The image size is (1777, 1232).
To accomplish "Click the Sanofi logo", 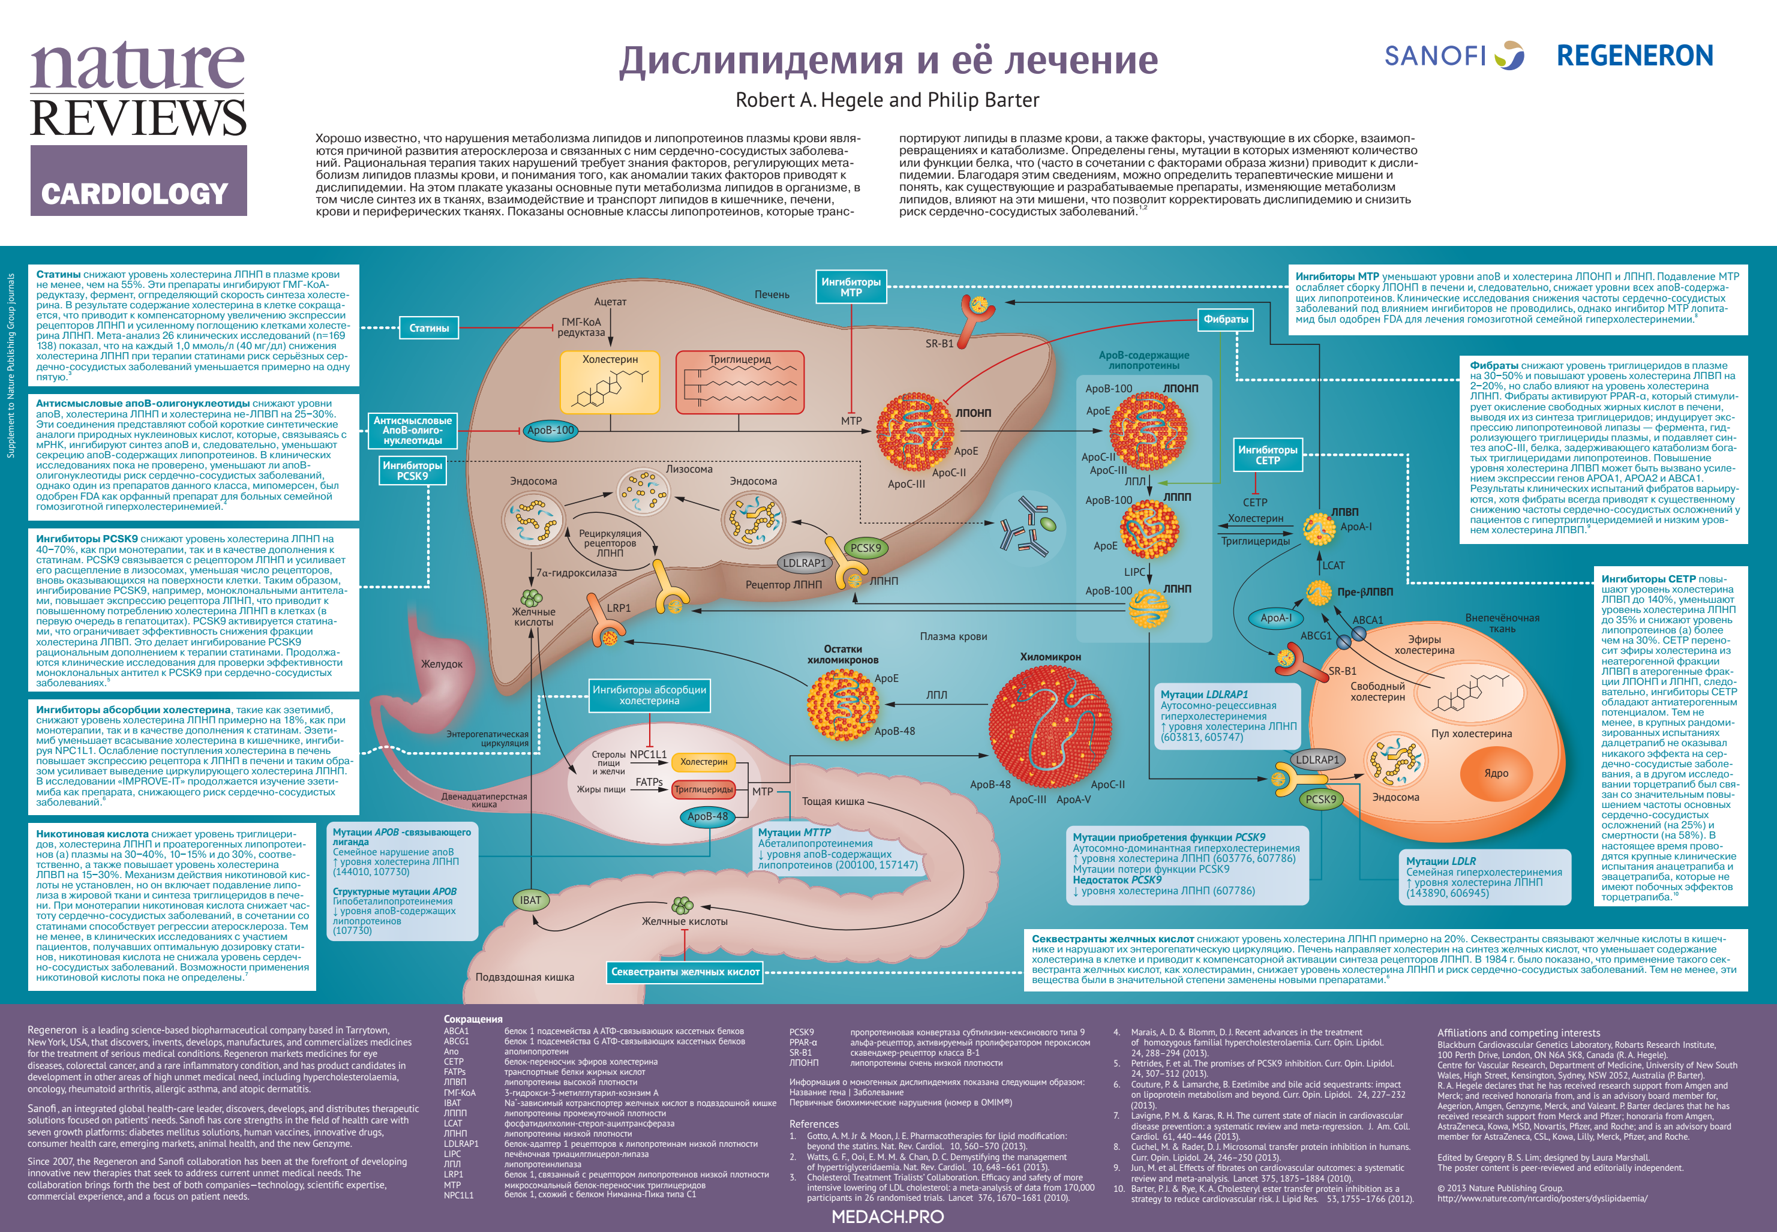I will tap(1454, 56).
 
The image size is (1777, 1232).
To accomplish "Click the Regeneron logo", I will tap(1634, 56).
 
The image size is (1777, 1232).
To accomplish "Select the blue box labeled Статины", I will tap(428, 328).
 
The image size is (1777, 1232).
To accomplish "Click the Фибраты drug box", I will tap(1225, 319).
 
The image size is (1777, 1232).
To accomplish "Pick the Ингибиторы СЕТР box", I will tap(1268, 455).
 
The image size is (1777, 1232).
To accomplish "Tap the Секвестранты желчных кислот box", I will tap(685, 972).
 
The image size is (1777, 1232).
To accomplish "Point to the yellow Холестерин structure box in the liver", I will tap(610, 382).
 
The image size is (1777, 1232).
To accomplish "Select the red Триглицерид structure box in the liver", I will tap(740, 382).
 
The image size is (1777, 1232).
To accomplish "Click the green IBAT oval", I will tap(530, 900).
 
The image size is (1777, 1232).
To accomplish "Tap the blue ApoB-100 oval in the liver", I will tap(550, 430).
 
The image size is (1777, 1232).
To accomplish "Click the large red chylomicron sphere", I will tap(1050, 722).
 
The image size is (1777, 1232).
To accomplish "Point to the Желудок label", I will tap(442, 664).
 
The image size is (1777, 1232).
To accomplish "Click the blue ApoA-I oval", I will tap(1275, 618).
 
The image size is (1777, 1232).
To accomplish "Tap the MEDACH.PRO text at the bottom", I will tap(888, 1216).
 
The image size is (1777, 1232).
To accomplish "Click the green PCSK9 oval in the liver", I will tap(865, 548).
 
